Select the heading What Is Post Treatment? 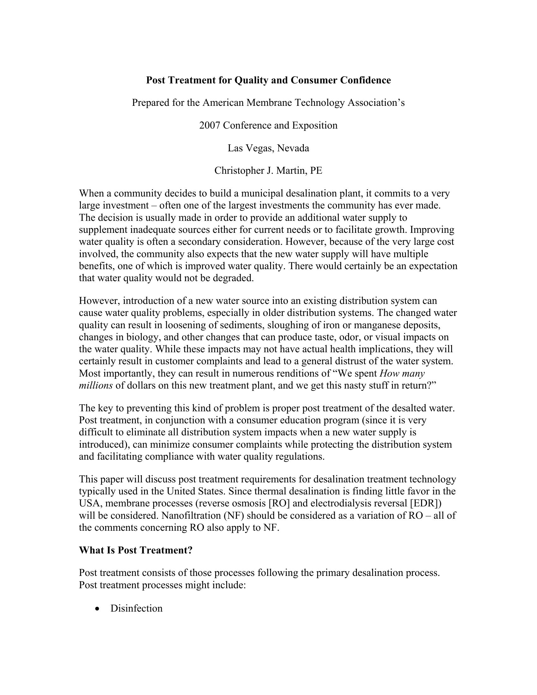136,550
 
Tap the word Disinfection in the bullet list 136,608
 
